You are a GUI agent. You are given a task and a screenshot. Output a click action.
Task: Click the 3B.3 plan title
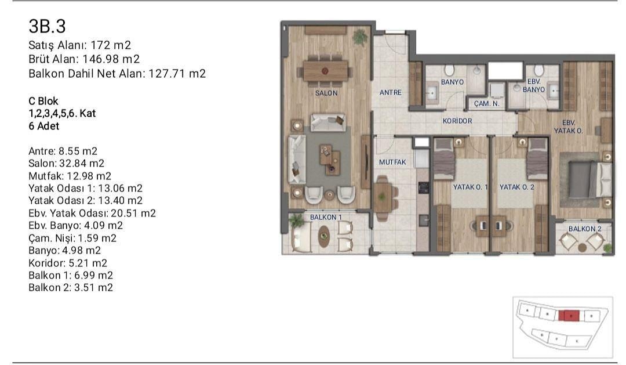pos(47,26)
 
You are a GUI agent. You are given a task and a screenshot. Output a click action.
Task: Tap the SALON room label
pos(326,93)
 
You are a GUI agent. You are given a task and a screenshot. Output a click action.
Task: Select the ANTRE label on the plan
pos(391,92)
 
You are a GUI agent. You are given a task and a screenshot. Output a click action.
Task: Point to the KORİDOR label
pos(457,120)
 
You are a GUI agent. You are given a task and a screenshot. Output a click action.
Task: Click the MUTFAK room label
pos(392,162)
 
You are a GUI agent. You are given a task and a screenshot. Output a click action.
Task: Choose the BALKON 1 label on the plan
pos(326,217)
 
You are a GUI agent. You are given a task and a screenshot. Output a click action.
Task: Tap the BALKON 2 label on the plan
pos(585,229)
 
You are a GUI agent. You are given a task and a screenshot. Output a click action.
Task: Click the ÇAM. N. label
pos(487,103)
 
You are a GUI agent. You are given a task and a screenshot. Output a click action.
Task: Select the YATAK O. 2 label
pos(516,187)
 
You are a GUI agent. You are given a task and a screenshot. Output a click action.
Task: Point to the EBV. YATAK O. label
pos(568,127)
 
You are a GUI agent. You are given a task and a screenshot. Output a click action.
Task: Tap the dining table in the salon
pos(325,71)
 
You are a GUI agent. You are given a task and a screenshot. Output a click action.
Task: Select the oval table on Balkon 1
pos(324,236)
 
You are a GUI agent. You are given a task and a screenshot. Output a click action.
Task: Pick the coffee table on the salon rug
pos(330,160)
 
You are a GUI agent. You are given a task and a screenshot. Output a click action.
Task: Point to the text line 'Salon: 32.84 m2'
pos(66,163)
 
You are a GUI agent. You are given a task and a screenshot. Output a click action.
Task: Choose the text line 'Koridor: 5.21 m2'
pos(68,263)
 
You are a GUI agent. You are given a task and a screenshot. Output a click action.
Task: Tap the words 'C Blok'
pos(43,101)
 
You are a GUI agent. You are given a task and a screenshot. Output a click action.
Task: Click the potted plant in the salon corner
pos(360,37)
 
